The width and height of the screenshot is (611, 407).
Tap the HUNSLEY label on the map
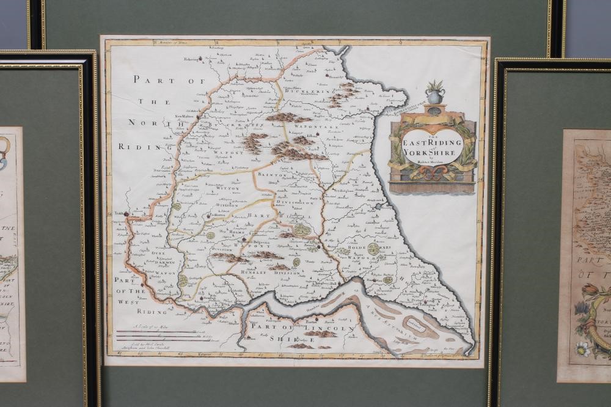click(x=254, y=273)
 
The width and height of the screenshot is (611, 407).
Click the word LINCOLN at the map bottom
click(x=335, y=329)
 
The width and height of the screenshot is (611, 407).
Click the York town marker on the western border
click(x=126, y=214)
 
